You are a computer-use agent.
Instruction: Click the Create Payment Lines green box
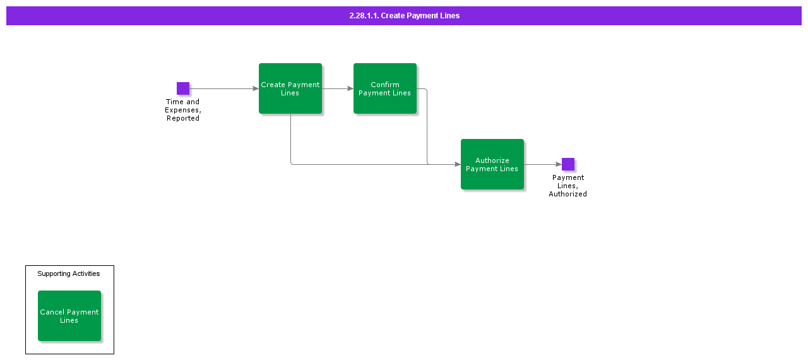pos(290,88)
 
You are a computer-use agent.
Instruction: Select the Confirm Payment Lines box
pos(385,88)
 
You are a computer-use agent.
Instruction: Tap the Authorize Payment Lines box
pos(492,164)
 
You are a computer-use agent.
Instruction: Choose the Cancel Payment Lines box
pos(69,316)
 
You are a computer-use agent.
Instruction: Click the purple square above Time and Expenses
pos(183,88)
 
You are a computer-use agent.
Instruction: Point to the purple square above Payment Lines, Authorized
pos(568,164)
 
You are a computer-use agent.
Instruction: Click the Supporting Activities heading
pos(69,273)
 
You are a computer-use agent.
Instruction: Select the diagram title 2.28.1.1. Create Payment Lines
pos(404,16)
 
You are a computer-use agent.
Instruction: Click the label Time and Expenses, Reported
pos(183,110)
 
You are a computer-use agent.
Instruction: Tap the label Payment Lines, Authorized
pos(567,186)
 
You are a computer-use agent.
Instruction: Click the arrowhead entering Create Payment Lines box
pos(256,88)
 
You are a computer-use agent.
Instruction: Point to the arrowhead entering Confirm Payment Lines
pos(350,88)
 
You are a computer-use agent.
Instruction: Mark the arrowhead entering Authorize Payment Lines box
pos(458,164)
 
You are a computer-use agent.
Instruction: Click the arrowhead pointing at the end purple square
pos(559,164)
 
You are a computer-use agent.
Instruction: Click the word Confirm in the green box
pos(385,85)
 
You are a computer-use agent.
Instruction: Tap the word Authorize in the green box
pos(492,160)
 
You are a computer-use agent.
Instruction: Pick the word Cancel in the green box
pos(52,312)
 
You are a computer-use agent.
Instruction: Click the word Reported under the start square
pos(183,118)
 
